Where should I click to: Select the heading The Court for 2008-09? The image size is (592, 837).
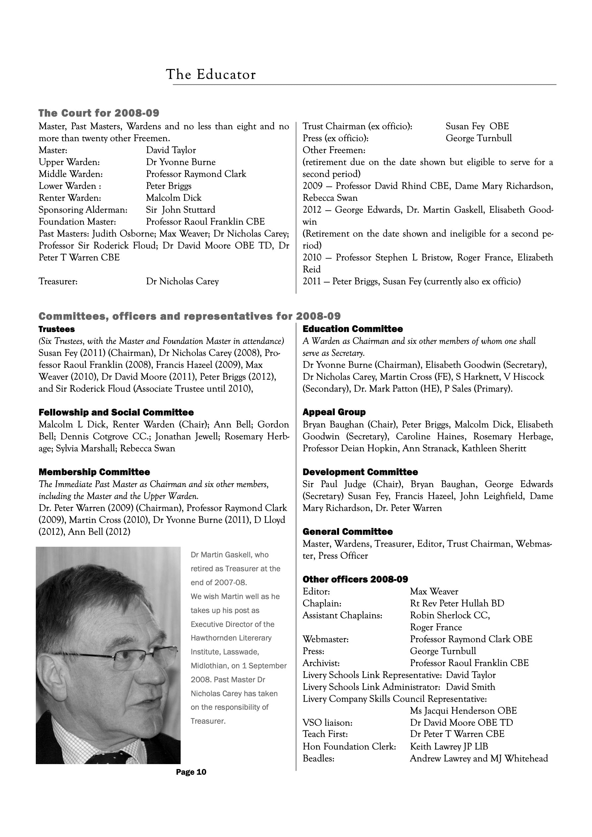tap(99, 113)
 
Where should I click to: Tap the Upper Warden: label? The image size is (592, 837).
tap(69, 162)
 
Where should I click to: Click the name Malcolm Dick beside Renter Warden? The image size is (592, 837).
tap(174, 198)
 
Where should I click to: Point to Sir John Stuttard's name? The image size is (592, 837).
tap(181, 210)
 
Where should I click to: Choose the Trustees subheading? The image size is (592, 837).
tap(57, 329)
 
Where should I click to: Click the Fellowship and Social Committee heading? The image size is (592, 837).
tap(116, 412)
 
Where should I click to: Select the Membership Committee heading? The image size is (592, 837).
tap(94, 472)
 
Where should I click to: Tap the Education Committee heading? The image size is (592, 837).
tap(352, 329)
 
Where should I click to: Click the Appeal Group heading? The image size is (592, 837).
tap(334, 412)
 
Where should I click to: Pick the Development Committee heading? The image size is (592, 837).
tap(360, 472)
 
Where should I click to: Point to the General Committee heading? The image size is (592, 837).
tap(347, 532)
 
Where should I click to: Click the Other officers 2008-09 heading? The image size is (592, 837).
tap(355, 580)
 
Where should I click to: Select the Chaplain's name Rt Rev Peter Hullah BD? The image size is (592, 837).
tap(457, 604)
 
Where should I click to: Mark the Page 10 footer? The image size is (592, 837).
tap(191, 772)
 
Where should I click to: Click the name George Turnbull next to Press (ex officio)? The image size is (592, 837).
tap(479, 139)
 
